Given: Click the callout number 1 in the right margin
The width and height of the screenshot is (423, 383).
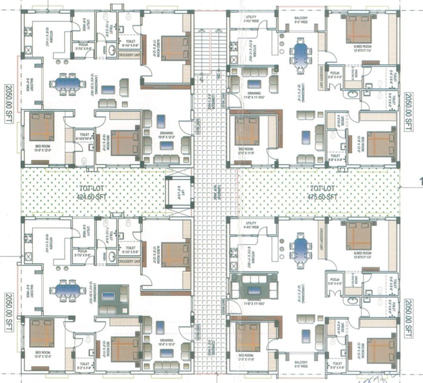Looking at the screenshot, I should [x=421, y=181].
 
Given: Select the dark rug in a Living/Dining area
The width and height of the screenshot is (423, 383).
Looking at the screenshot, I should [x=114, y=295].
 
